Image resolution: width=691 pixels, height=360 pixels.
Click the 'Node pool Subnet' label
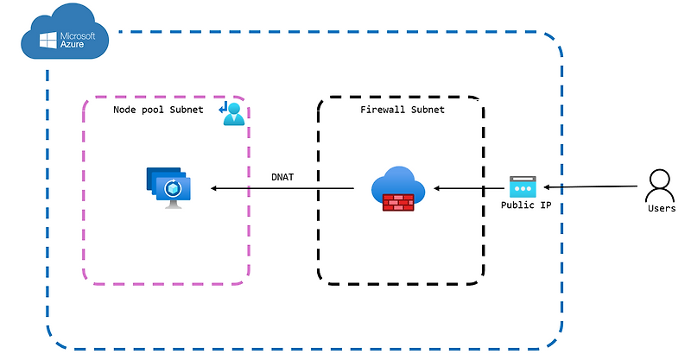click(158, 110)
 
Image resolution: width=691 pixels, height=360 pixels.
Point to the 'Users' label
click(661, 209)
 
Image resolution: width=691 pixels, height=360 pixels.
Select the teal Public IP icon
click(523, 186)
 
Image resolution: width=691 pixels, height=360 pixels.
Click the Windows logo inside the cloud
click(47, 39)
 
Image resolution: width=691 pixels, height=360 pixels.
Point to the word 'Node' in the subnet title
click(126, 110)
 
